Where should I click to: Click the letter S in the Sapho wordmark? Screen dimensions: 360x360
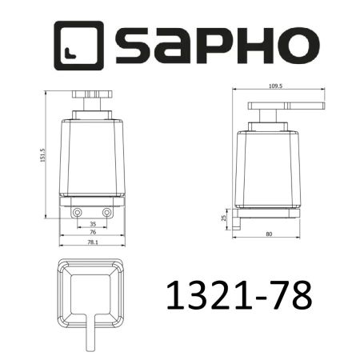[x=138, y=48]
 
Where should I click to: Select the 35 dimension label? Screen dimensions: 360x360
[x=93, y=225]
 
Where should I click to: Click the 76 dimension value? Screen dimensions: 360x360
[x=93, y=233]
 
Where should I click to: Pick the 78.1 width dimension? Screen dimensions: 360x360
[x=93, y=242]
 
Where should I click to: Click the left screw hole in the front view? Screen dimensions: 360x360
[x=78, y=213]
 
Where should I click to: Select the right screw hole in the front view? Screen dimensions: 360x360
[x=107, y=213]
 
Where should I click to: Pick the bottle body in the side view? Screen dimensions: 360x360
[x=268, y=160]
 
